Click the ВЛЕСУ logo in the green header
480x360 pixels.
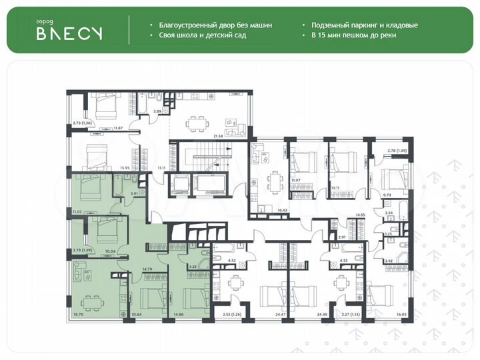tap(69, 34)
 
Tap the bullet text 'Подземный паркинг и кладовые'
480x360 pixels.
tap(364, 25)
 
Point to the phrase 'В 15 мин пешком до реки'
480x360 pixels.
tap(353, 35)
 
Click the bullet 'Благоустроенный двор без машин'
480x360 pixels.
tap(216, 25)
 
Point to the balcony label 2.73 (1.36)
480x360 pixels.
tap(82, 123)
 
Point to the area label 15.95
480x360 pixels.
tap(124, 168)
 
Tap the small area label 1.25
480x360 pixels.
tap(389, 234)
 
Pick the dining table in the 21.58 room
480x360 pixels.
tap(195, 121)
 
